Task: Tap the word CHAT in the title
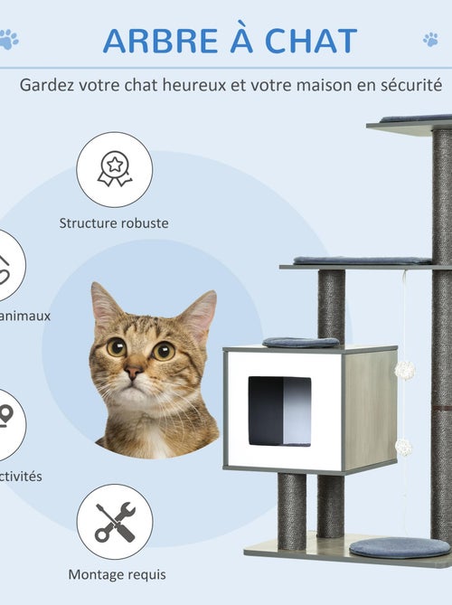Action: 309,41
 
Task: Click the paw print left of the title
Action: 9,39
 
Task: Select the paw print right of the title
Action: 430,39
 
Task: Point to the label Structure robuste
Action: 114,222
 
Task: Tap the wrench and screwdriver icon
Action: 114,522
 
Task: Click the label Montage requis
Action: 118,573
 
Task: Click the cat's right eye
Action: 164,350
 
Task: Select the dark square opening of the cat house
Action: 279,411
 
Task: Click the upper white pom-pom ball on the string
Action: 404,369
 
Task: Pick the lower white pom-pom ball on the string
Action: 403,447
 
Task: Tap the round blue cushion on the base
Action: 399,546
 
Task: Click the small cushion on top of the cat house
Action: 300,342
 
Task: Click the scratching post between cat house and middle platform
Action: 331,303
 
